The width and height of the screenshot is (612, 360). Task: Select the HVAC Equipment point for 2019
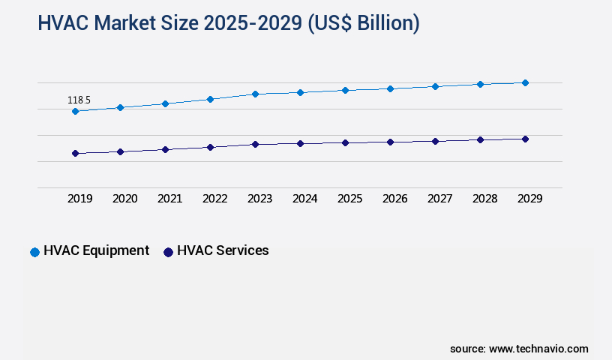coord(75,112)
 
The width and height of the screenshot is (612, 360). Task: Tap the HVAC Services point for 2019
coord(75,154)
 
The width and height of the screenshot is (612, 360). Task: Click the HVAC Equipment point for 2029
coord(525,82)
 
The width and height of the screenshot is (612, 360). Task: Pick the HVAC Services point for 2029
coord(525,139)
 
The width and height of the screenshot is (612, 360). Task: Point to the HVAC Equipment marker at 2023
coord(255,94)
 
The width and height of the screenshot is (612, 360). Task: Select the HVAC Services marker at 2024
coord(300,143)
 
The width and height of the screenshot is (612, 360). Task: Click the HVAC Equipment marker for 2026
coord(390,88)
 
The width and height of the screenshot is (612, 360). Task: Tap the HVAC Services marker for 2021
coord(165,149)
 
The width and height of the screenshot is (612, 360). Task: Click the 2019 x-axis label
coord(80,199)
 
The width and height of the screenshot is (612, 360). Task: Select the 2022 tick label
coord(215,199)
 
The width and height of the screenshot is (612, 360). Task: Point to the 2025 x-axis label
coord(350,199)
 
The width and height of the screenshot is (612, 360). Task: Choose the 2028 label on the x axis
coord(485,199)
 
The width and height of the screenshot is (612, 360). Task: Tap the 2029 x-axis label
coord(530,199)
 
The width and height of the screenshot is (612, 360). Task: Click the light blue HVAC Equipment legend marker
coord(34,252)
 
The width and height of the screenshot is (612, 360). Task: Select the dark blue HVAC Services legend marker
coord(169,252)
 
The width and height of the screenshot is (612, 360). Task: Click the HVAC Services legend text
coord(223,251)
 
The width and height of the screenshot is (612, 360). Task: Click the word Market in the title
coord(136,23)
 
